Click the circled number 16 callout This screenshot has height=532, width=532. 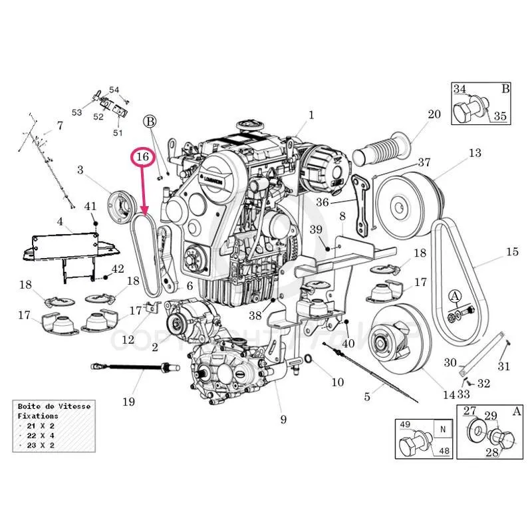(x=142, y=158)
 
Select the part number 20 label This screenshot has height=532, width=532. (x=434, y=114)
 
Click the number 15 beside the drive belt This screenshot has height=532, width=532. (x=511, y=251)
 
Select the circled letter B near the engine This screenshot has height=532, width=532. (x=150, y=121)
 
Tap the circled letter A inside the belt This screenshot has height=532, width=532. (x=455, y=295)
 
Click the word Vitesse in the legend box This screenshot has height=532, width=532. (x=73, y=406)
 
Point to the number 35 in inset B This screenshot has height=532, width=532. (x=500, y=116)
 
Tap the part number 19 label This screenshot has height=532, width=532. (x=128, y=401)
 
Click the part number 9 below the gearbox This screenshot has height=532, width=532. (x=283, y=419)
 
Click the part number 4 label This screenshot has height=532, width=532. (x=60, y=221)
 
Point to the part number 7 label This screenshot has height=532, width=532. (x=59, y=125)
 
